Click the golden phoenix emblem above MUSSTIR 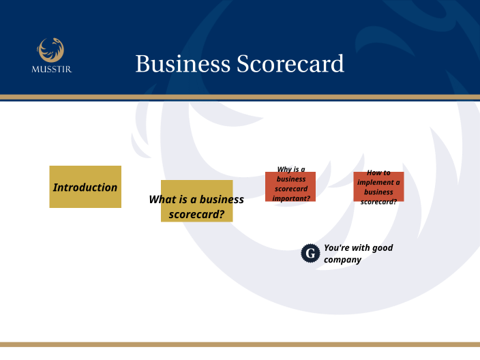point(51,48)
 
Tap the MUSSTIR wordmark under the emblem point(51,68)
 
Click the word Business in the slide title point(183,64)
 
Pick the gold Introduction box point(85,187)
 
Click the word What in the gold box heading point(163,199)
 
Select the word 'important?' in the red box point(291,198)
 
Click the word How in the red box point(374,172)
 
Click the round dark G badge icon point(310,254)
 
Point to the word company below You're point(342,260)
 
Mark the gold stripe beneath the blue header point(240,97)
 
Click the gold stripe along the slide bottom point(240,344)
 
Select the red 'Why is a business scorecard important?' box point(290,185)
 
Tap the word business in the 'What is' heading point(222,199)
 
